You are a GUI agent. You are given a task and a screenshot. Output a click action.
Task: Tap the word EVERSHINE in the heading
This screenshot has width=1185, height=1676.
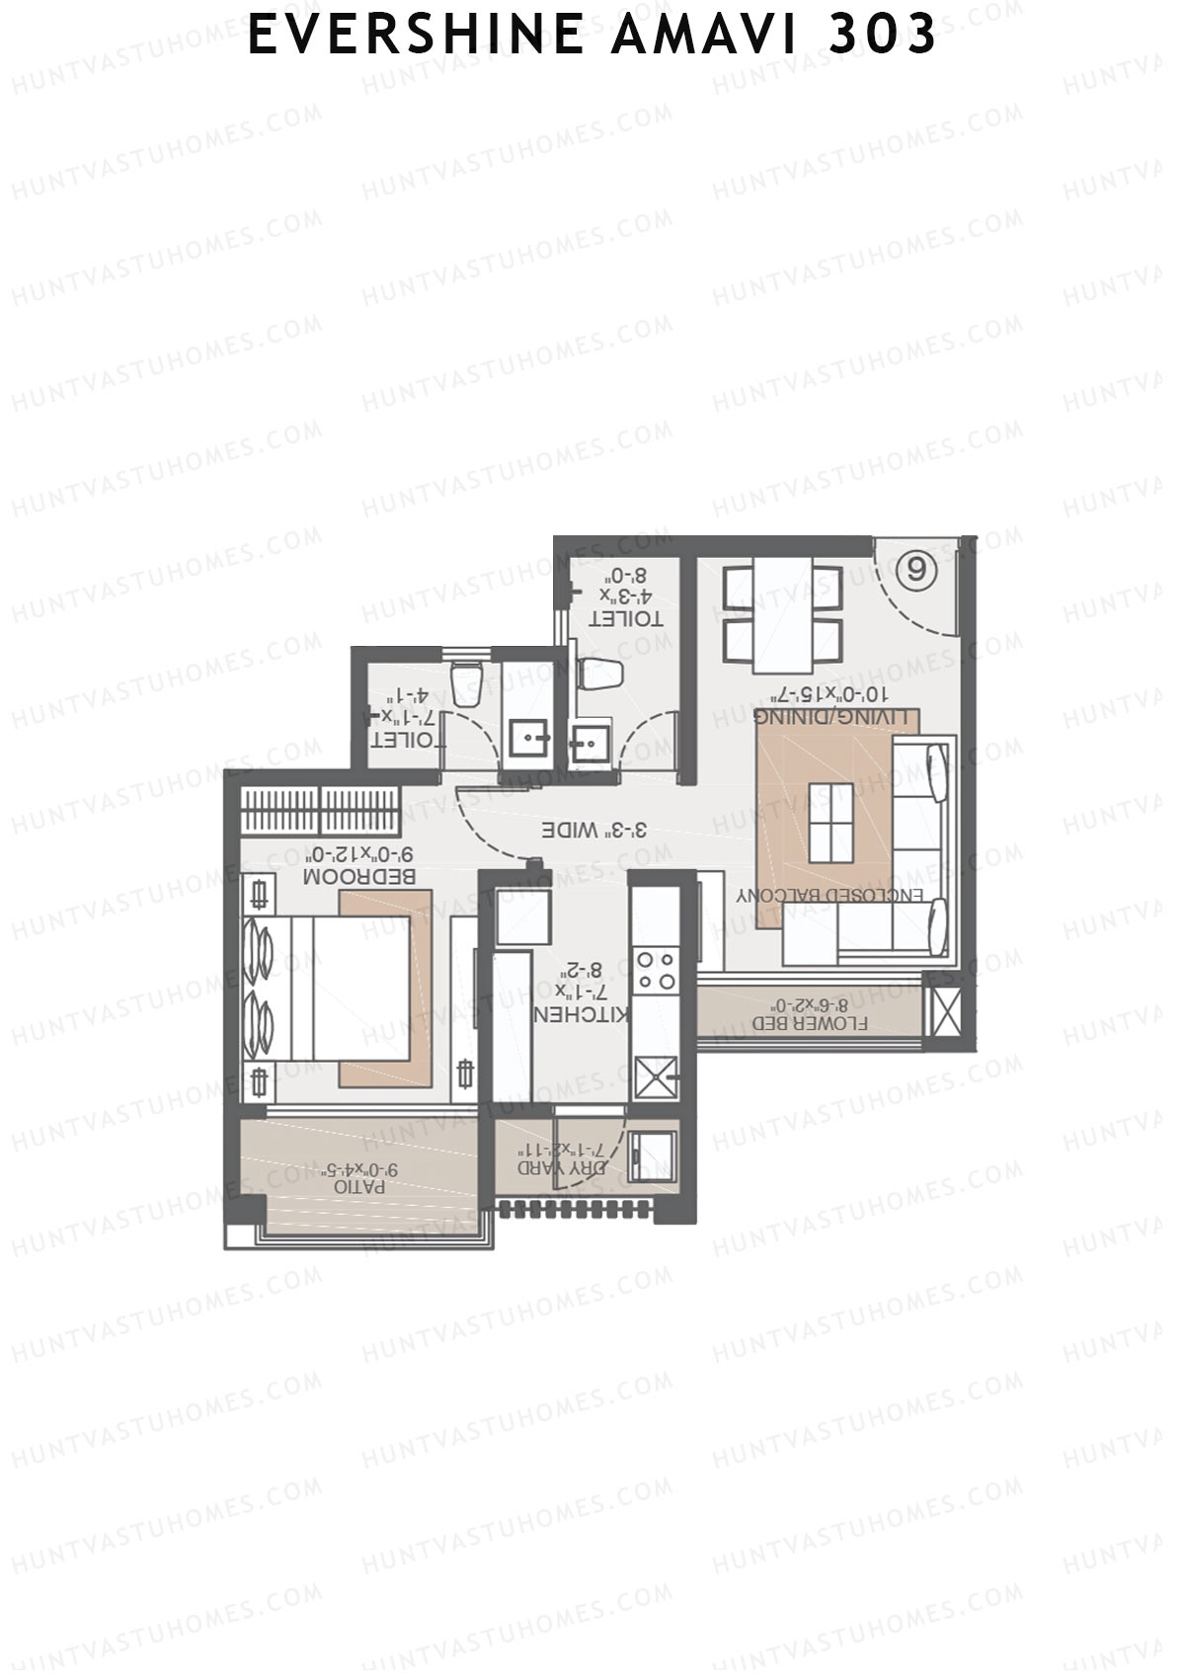point(416,36)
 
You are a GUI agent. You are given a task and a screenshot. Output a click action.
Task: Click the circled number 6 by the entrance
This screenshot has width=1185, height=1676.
point(917,570)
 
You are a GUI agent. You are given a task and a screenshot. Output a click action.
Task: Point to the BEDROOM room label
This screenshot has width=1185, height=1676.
point(359,876)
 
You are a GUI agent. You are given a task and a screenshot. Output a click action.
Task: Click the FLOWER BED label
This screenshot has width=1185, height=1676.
point(811,1023)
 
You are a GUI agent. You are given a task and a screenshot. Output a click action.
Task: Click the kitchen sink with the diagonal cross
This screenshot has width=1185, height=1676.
point(656,1076)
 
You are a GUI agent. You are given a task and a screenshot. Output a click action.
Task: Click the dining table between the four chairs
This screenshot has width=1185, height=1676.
point(783,612)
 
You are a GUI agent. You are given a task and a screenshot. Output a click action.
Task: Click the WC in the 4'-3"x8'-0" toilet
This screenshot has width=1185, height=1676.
point(600,675)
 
